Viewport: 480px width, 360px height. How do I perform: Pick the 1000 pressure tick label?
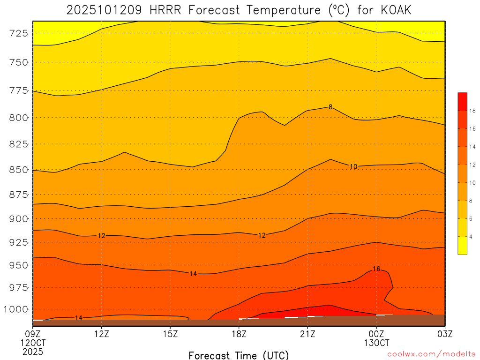pos(17,309)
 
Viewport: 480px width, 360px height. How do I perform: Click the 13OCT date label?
pos(376,342)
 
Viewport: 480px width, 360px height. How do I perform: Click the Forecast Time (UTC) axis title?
pos(239,355)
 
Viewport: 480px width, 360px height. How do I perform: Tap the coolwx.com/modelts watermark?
pos(431,354)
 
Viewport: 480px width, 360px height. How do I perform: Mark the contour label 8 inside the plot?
pos(330,107)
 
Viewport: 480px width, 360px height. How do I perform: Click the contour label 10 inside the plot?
pos(353,166)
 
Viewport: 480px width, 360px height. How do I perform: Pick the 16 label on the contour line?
pos(376,269)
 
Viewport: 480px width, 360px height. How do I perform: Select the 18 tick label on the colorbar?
pos(472,111)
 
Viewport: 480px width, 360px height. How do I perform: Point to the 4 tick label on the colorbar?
pos(471,237)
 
